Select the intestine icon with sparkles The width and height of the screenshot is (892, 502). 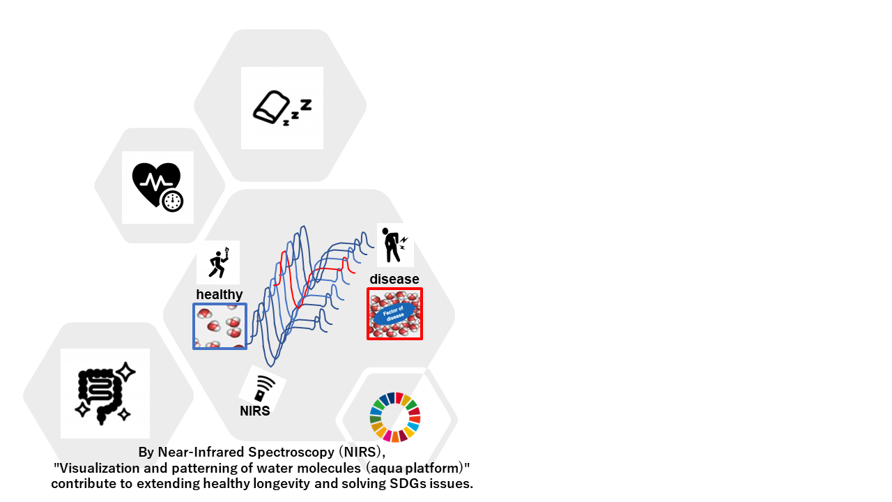(104, 393)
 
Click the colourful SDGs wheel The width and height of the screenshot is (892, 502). (394, 417)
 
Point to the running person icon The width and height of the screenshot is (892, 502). (219, 263)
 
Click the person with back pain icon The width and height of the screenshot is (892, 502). (394, 245)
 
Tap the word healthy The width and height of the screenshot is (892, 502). (219, 295)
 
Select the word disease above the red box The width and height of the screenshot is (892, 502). (394, 280)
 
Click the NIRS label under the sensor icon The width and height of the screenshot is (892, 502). (255, 411)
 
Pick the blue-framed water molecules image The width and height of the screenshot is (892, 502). (220, 326)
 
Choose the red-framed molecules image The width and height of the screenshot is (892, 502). (395, 314)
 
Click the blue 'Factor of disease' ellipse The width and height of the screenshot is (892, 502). (395, 313)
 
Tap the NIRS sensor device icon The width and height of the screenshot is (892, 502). (263, 388)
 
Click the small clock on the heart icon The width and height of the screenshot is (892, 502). (172, 201)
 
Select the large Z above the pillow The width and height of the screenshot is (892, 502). (305, 105)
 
